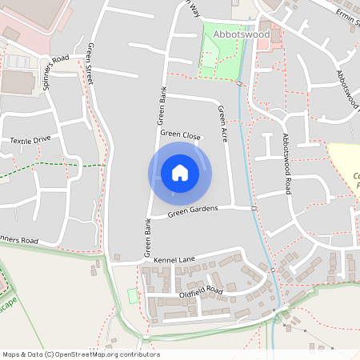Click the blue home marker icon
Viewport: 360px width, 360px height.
point(180,173)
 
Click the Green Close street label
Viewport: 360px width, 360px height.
point(180,135)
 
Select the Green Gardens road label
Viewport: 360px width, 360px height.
point(193,212)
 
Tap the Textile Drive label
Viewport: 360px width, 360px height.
point(30,139)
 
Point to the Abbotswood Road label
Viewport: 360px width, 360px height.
point(286,164)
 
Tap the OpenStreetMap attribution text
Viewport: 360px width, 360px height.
point(80,354)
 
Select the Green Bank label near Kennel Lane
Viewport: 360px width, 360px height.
point(147,238)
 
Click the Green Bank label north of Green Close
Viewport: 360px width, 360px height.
point(161,104)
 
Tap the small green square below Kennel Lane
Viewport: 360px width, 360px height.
point(132,296)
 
